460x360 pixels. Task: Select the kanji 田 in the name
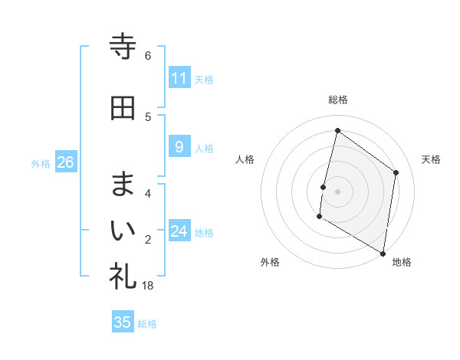tap(123, 108)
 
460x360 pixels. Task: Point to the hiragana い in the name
tap(123, 230)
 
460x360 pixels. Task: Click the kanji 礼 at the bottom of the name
tap(123, 275)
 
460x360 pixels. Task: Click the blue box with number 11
tap(179, 78)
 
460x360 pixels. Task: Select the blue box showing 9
tap(179, 147)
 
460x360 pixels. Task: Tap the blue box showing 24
tap(179, 231)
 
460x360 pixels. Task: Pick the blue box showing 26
tap(66, 162)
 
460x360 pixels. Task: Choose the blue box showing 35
tap(123, 322)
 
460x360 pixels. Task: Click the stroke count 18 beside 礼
tap(148, 286)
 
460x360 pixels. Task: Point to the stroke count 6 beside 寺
tap(148, 56)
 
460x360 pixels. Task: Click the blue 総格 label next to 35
tap(147, 324)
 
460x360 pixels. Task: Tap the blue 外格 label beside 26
tap(41, 163)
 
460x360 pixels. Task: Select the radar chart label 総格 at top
tap(337, 100)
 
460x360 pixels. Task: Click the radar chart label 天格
tap(431, 159)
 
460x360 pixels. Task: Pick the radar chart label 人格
tap(245, 159)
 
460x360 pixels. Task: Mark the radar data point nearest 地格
tap(383, 253)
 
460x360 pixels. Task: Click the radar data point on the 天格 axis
tap(396, 172)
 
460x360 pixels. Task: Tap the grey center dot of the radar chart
tap(337, 191)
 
